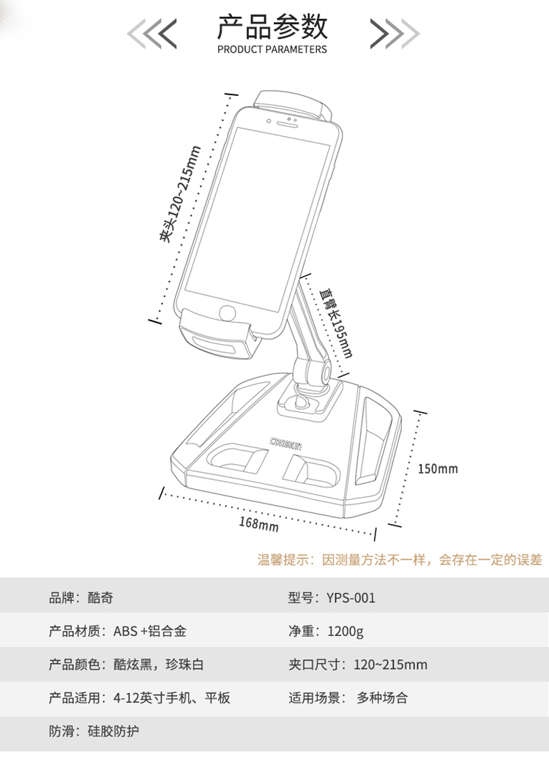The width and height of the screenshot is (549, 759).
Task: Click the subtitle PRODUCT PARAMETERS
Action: [x=272, y=50]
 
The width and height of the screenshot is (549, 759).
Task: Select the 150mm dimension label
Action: [x=437, y=468]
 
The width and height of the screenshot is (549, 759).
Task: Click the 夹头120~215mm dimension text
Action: [x=179, y=195]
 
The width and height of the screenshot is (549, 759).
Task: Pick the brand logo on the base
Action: [x=290, y=441]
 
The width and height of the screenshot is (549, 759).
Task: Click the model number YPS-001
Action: [x=351, y=598]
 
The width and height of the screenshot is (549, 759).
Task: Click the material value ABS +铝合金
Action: [x=154, y=631]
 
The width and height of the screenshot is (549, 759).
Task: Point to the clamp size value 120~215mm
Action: [x=390, y=665]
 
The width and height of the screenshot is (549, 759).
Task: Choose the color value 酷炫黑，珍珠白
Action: [x=158, y=665]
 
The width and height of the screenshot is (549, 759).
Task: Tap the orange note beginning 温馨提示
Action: [x=400, y=560]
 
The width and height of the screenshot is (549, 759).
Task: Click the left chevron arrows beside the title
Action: [x=153, y=33]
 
